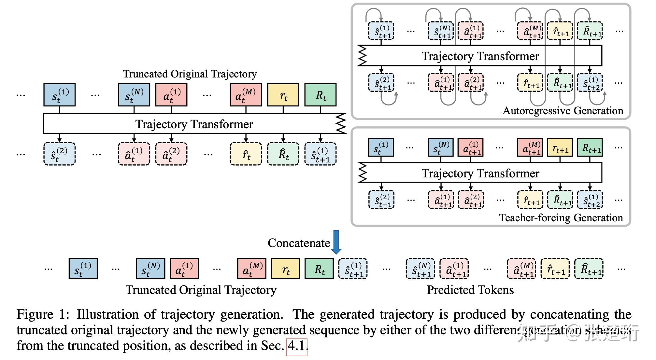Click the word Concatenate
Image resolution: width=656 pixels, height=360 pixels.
point(299,243)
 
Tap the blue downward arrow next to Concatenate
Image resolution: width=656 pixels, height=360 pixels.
point(336,242)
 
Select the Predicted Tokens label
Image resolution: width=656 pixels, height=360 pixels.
point(470,290)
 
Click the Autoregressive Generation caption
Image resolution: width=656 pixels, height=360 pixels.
point(563,111)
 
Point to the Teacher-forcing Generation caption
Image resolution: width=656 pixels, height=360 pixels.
point(561,218)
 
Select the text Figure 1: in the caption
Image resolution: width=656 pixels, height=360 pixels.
point(43,315)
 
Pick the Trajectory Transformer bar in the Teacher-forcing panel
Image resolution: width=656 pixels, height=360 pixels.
point(480,173)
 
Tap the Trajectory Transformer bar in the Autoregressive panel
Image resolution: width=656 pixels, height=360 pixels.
point(480,56)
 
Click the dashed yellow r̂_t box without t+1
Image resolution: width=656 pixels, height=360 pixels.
point(246,154)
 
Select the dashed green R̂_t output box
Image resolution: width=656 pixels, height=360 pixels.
point(283,154)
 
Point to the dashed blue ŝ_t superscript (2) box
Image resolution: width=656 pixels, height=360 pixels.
point(59,154)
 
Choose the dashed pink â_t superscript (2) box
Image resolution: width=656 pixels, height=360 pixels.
point(171,154)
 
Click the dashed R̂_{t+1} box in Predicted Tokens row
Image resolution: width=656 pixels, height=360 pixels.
point(589,269)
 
